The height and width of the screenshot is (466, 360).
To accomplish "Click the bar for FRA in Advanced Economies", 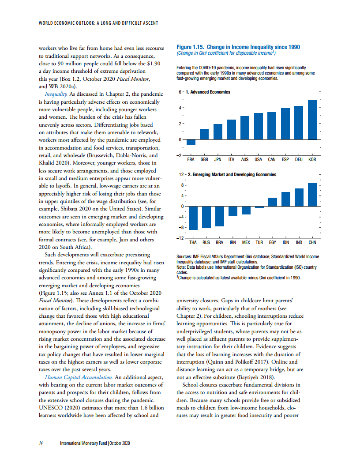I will click(x=191, y=142).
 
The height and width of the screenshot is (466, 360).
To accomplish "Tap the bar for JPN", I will click(x=218, y=132).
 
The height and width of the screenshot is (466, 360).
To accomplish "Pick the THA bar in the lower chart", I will click(x=193, y=218).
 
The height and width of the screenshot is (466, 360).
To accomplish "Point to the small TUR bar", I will click(x=259, y=207).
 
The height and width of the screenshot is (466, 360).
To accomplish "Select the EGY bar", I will click(x=272, y=202).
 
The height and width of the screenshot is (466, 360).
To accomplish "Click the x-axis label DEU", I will click(x=299, y=159).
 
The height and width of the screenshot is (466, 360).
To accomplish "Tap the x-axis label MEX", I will click(x=246, y=242).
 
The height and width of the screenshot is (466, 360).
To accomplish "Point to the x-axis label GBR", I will click(x=205, y=159).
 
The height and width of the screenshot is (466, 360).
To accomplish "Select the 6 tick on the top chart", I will click(x=180, y=92).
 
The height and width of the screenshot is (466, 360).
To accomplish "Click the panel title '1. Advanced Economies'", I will click(x=208, y=92).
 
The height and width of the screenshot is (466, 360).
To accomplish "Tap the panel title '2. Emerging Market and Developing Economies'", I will click(x=232, y=175).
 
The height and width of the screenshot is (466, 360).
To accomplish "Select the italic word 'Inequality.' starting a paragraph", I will click(x=56, y=94).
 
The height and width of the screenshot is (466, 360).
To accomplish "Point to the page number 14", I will click(x=41, y=443).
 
